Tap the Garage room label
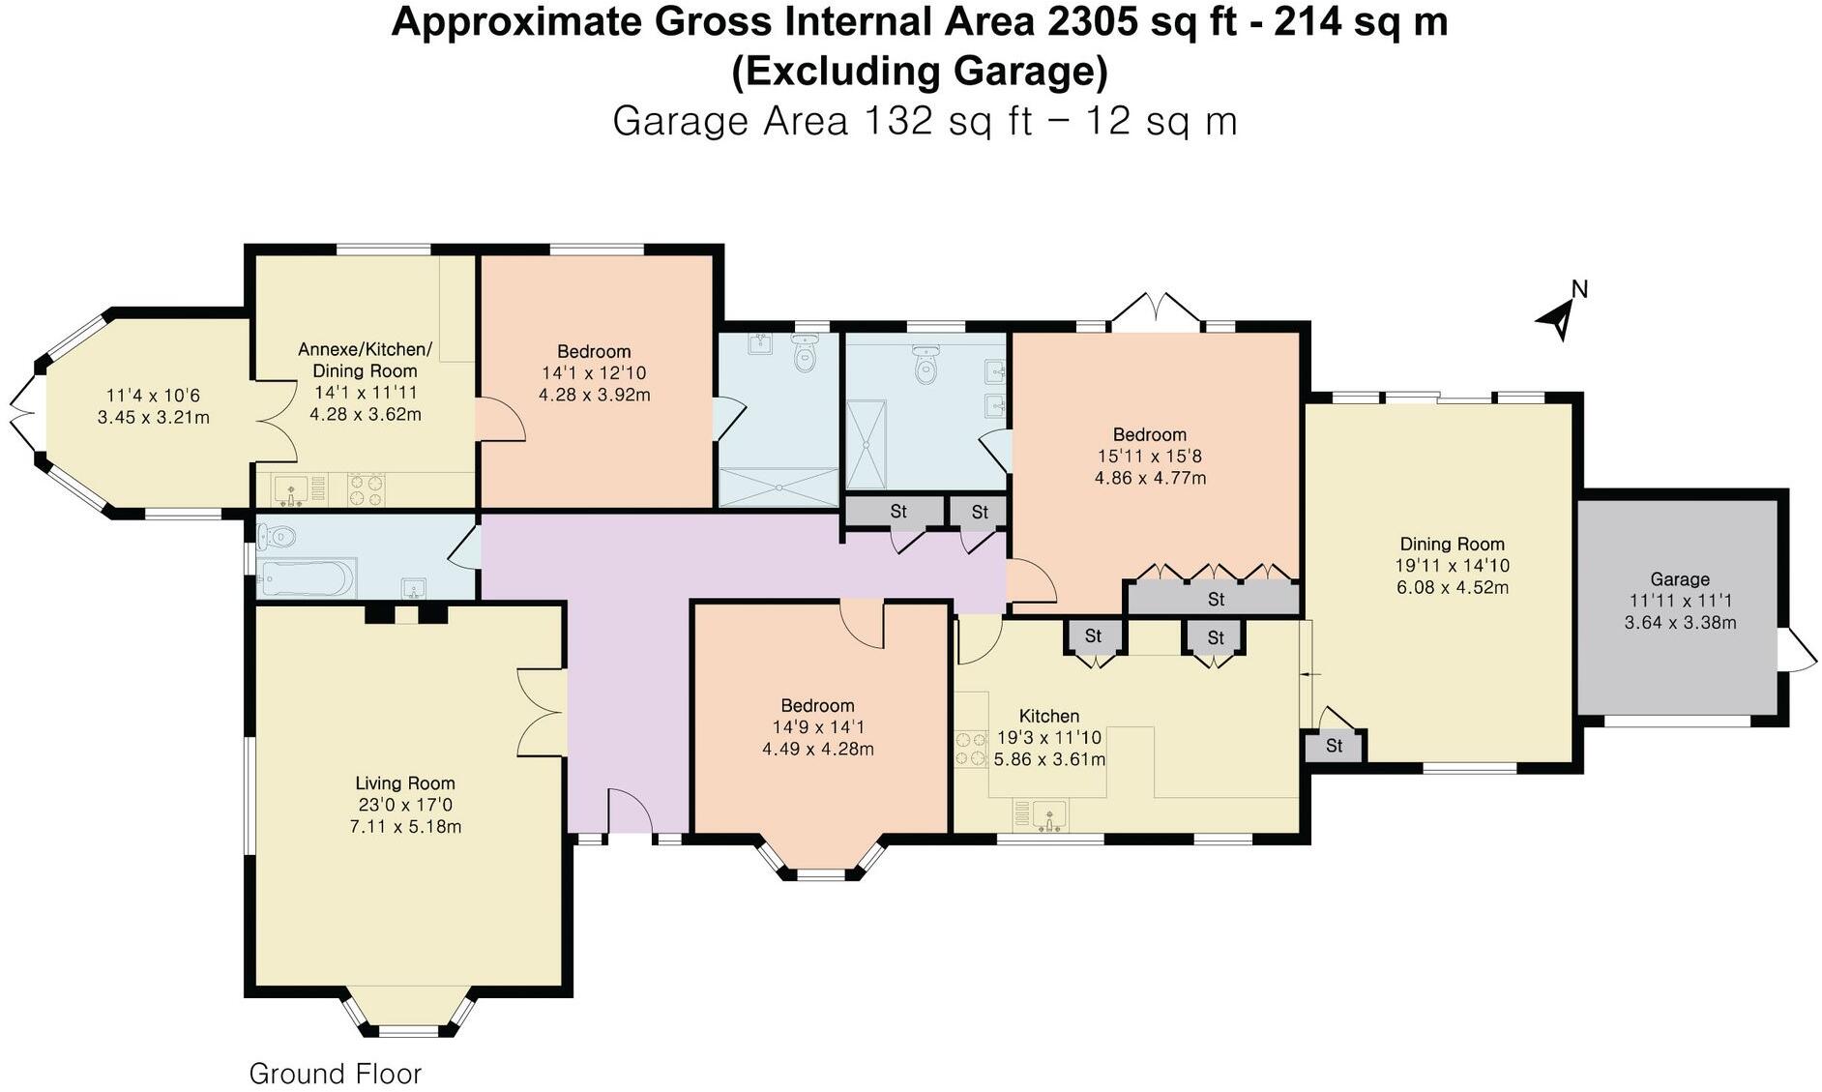click(1679, 579)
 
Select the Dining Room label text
click(1452, 545)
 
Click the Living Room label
click(404, 783)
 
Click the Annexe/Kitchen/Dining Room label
click(365, 360)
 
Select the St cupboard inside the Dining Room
click(1334, 746)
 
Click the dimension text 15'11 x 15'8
click(1149, 457)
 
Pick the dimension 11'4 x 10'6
click(153, 396)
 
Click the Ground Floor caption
click(335, 1074)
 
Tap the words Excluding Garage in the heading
click(919, 73)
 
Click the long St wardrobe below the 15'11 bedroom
click(1215, 600)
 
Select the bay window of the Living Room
click(409, 1014)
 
